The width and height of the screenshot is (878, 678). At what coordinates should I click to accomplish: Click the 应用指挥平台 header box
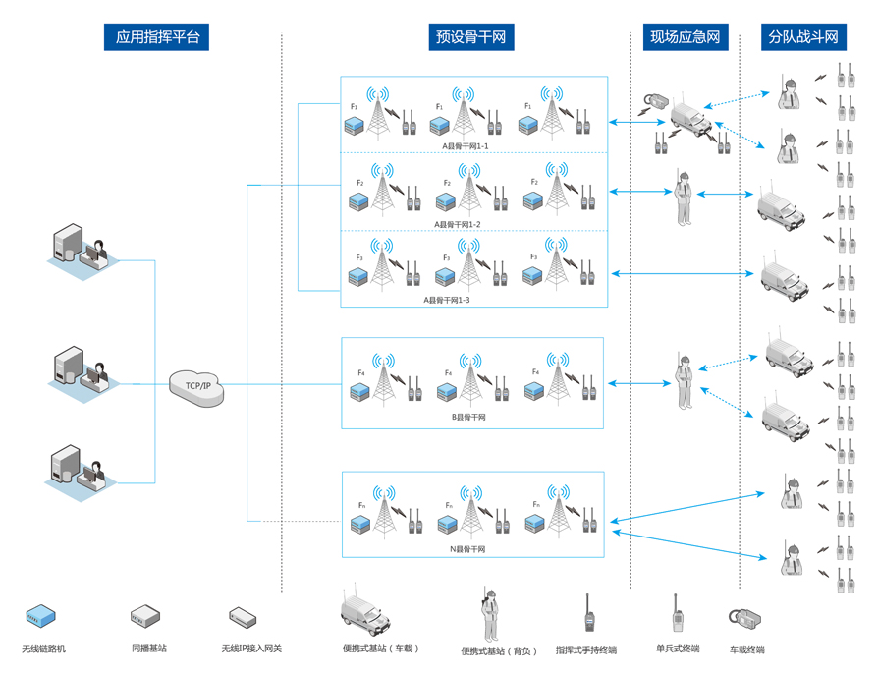click(x=157, y=37)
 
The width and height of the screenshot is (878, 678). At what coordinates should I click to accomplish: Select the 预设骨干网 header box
click(x=471, y=37)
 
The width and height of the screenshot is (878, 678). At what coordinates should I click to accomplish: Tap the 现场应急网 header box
click(x=686, y=37)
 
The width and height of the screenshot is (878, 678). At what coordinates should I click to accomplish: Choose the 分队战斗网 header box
click(x=803, y=37)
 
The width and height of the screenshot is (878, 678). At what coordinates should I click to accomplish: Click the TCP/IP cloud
click(x=197, y=385)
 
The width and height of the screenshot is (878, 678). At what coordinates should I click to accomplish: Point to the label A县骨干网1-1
click(x=465, y=146)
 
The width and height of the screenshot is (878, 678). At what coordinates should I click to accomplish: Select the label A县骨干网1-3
click(x=447, y=300)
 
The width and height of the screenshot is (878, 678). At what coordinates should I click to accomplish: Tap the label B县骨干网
click(x=468, y=417)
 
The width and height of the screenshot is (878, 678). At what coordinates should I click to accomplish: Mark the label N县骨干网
click(x=467, y=549)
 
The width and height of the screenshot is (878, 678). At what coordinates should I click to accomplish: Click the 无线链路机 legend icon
click(x=40, y=616)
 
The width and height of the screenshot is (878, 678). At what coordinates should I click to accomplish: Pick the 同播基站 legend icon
click(x=145, y=617)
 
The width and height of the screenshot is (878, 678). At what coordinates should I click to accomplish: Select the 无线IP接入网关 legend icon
click(x=243, y=618)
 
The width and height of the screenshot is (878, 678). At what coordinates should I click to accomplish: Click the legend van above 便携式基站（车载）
click(x=365, y=612)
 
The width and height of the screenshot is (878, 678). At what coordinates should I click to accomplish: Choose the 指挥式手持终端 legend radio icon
click(x=587, y=614)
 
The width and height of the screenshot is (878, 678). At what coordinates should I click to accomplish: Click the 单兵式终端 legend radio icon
click(x=677, y=614)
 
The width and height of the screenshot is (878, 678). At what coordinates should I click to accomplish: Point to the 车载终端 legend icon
click(x=744, y=618)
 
